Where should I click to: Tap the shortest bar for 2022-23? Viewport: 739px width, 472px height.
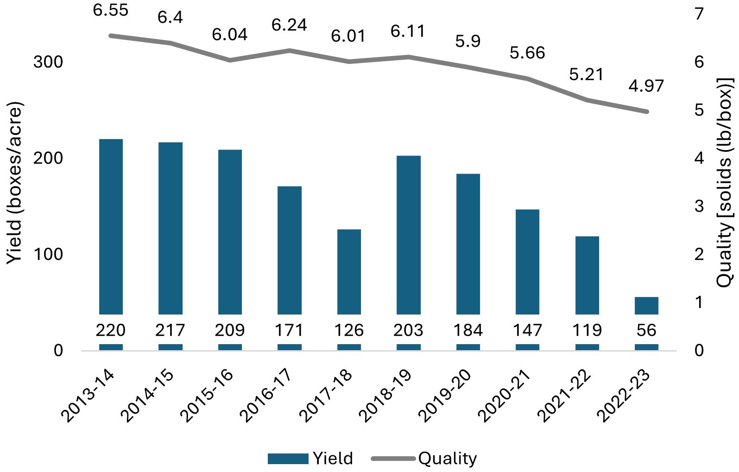(646, 305)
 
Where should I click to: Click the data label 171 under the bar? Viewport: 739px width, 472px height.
(289, 330)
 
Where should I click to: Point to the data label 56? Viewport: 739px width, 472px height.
(646, 330)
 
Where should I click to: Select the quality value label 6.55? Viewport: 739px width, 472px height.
(111, 10)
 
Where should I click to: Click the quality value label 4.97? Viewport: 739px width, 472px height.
(646, 86)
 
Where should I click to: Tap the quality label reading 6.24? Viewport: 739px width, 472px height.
(289, 25)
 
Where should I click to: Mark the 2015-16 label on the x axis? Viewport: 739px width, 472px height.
(207, 396)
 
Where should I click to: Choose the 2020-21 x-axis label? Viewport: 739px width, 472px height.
(505, 396)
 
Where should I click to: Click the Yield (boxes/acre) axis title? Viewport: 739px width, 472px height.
(14, 183)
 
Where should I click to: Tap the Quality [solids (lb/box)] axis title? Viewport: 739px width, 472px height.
(725, 183)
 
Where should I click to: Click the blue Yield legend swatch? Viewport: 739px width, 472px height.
(288, 459)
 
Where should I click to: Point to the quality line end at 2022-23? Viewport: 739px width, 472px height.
(646, 112)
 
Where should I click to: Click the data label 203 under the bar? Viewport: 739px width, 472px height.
(408, 330)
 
